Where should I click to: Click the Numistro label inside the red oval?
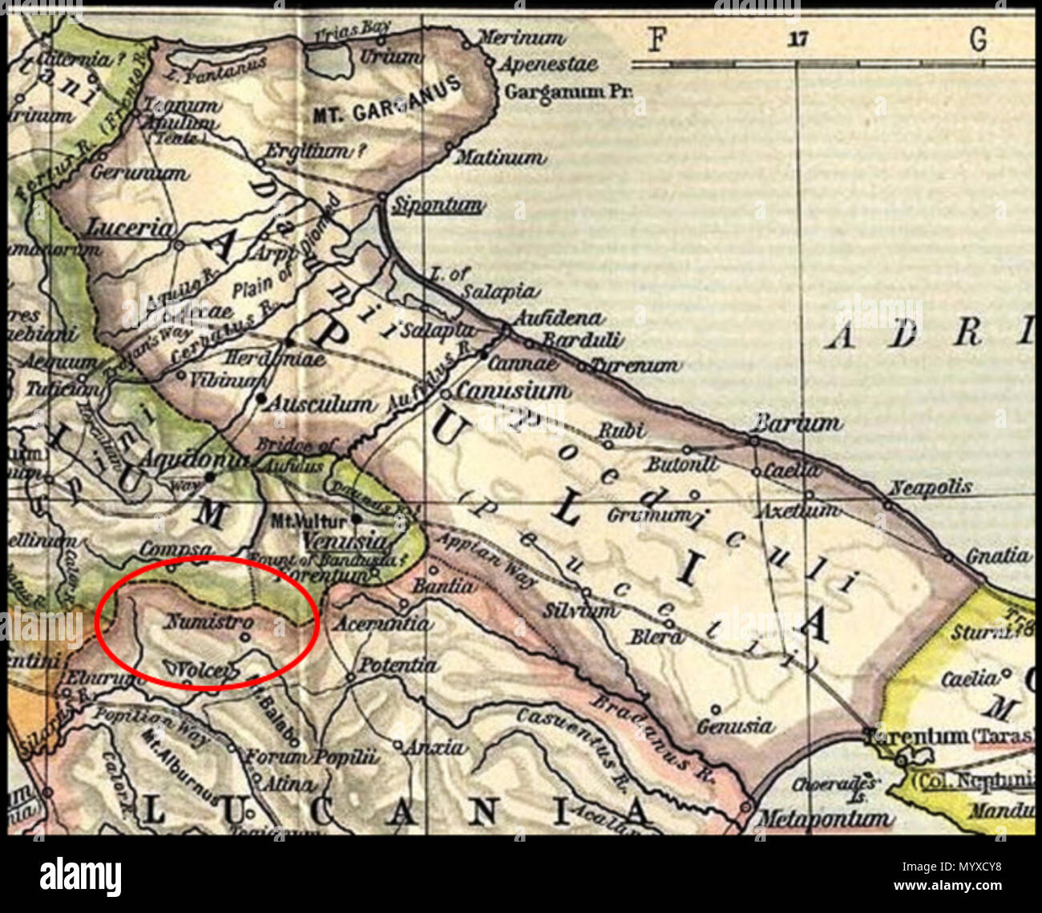tap(210, 621)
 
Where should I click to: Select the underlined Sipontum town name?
tap(437, 206)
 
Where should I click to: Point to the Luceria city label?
tap(130, 228)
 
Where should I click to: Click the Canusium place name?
tap(513, 391)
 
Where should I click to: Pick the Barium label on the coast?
tap(799, 422)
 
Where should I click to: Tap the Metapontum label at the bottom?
tap(824, 818)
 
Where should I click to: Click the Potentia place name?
tap(398, 665)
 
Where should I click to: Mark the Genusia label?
tap(735, 726)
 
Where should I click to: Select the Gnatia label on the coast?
tap(997, 555)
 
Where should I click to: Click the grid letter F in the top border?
tap(656, 38)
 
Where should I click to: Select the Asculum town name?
tap(319, 403)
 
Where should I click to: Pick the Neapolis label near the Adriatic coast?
tap(931, 487)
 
